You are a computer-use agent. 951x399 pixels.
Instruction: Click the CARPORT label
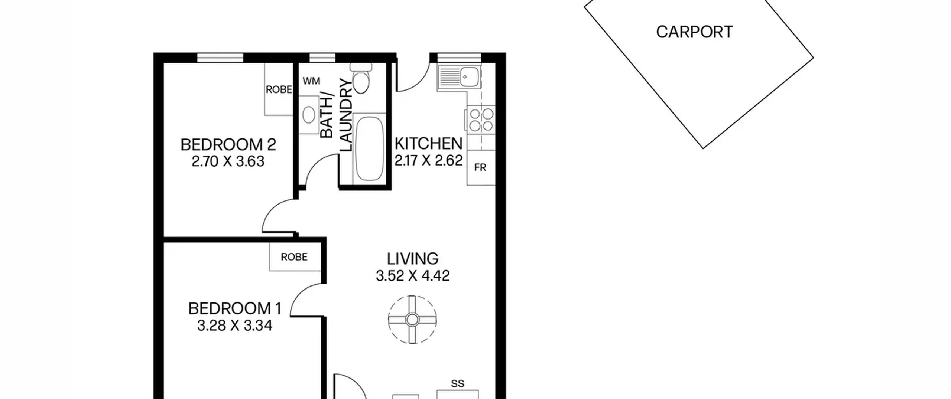click(x=694, y=32)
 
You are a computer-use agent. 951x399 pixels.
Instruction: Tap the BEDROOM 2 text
click(x=228, y=145)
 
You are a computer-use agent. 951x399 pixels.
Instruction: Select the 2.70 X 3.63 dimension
click(x=228, y=161)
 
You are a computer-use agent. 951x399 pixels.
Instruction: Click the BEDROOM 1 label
click(x=235, y=309)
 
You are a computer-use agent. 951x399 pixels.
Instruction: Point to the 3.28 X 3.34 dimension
click(x=235, y=326)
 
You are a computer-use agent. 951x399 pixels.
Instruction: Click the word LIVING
click(x=413, y=259)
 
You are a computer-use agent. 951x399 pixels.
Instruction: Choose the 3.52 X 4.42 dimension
click(x=413, y=276)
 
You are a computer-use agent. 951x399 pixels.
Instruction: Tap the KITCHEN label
click(x=428, y=144)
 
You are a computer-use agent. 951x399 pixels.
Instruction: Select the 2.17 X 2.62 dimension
click(x=428, y=160)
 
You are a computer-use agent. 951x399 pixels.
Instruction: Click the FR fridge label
click(x=480, y=168)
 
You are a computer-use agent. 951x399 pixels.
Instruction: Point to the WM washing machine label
click(x=311, y=81)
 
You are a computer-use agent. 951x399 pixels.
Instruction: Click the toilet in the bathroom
click(x=361, y=78)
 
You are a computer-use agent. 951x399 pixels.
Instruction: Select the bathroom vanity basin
click(x=309, y=115)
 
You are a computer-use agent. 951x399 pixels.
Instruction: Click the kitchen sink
click(x=460, y=77)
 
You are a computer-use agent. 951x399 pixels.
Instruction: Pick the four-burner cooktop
click(x=481, y=120)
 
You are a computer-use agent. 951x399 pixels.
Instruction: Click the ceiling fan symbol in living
click(x=412, y=319)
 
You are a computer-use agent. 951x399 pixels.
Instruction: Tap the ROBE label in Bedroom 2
click(x=279, y=89)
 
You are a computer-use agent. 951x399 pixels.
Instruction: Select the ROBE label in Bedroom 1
click(x=294, y=257)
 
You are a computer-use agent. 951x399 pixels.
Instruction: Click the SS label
click(x=457, y=383)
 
